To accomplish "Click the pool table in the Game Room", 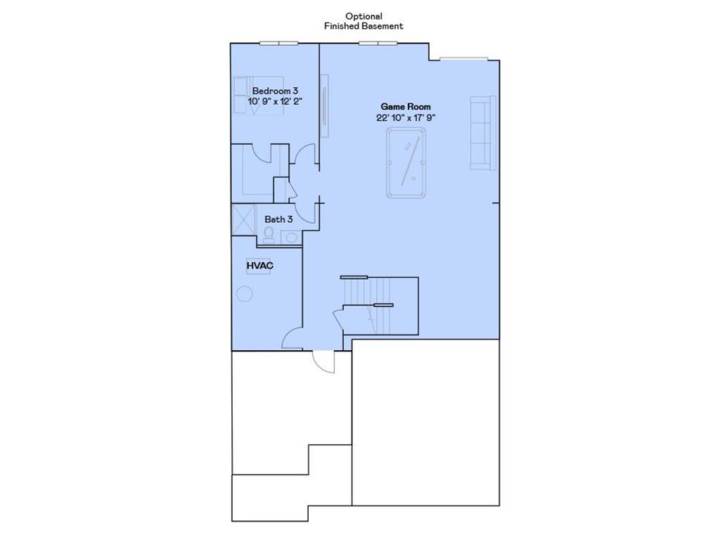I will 406,162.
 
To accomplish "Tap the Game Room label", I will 406,106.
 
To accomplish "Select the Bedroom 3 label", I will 275,91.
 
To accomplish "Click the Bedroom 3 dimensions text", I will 275,102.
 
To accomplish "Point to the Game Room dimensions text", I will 406,118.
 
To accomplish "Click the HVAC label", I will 259,266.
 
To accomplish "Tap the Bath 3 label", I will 278,219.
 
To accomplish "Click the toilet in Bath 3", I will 269,236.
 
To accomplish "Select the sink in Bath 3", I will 291,237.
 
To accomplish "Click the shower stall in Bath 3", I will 243,219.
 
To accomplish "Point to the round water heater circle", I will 244,294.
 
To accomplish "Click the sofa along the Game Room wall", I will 483,132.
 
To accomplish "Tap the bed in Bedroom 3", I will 258,95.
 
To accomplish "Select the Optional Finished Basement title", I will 364,21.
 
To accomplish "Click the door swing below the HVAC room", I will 292,340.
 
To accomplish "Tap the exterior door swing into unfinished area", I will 324,362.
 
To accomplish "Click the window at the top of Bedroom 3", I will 278,43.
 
